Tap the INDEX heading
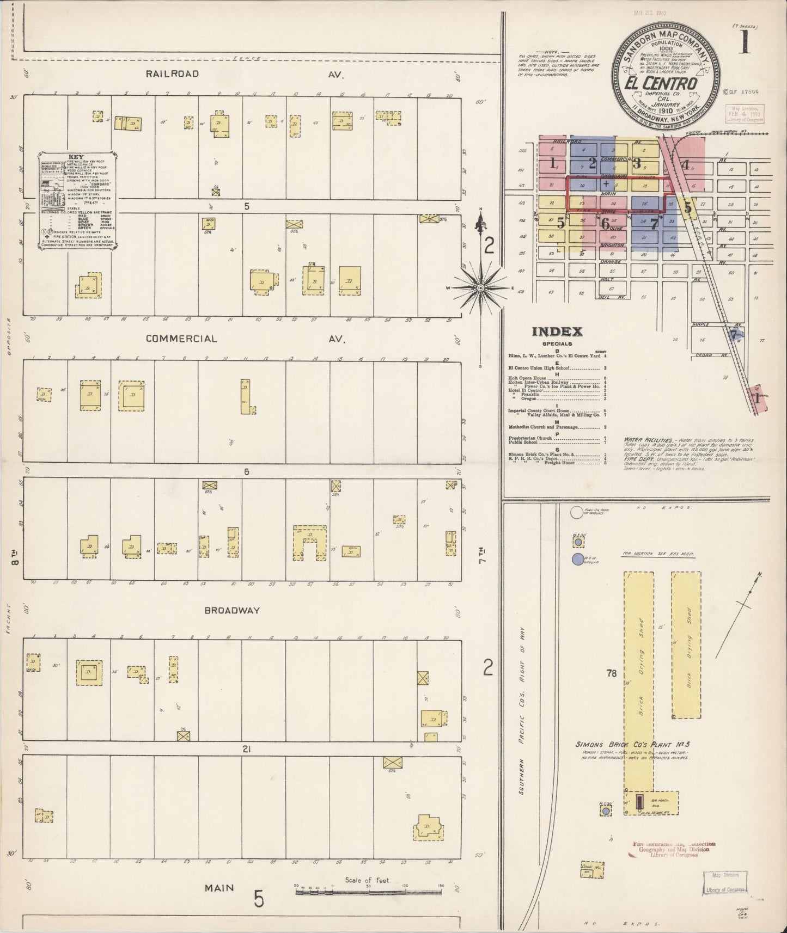pos(557,332)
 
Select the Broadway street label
pos(232,611)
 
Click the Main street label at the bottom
pos(219,888)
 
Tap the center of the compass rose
pos(480,287)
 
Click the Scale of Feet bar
pos(368,893)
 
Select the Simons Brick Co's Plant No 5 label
pos(632,745)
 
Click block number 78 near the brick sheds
pos(611,673)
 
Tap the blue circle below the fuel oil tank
pos(578,559)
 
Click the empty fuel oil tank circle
pos(577,512)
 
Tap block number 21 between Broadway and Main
pos(246,750)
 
